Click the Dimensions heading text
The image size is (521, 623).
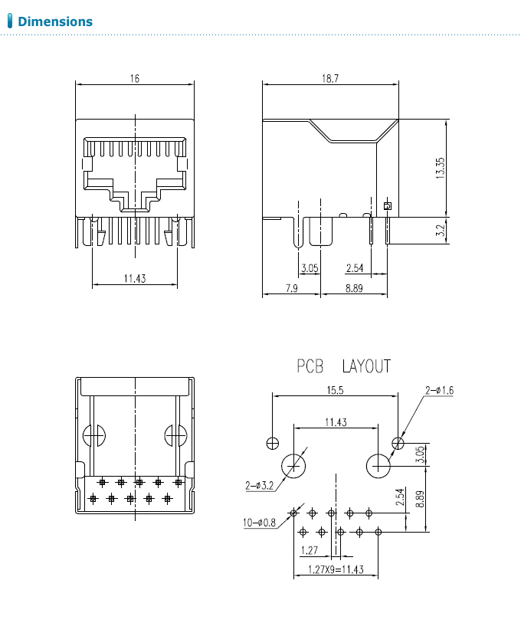click(x=54, y=21)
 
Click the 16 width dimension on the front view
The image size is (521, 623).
click(x=135, y=79)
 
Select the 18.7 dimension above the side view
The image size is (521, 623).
click(x=331, y=79)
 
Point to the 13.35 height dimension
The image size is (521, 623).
click(x=440, y=167)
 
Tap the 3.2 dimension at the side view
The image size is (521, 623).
click(x=440, y=230)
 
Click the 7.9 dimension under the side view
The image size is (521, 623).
click(x=291, y=288)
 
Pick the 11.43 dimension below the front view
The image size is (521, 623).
click(x=134, y=279)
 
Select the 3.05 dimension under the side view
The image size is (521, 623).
click(x=310, y=268)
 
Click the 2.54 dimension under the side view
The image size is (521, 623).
click(x=355, y=268)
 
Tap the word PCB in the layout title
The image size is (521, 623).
click(x=312, y=366)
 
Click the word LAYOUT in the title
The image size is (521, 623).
click(x=366, y=366)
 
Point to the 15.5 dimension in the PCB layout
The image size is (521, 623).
click(x=334, y=390)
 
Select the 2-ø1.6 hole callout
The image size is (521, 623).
click(x=439, y=390)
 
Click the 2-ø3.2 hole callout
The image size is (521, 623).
click(x=259, y=485)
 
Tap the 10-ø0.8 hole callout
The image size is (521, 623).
click(x=259, y=523)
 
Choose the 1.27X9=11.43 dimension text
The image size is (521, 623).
click(x=335, y=569)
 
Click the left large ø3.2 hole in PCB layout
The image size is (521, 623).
click(x=294, y=465)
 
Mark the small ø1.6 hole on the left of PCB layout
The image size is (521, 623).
click(x=272, y=443)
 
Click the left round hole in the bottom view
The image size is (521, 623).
click(x=93, y=435)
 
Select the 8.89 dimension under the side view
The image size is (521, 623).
click(x=354, y=288)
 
